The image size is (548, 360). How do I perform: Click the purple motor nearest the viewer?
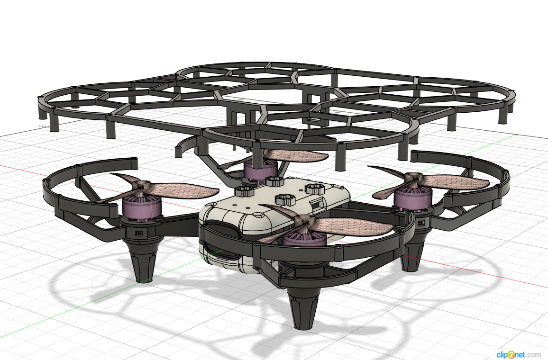pos(304,240)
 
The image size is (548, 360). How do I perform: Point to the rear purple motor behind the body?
pos(261,171)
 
